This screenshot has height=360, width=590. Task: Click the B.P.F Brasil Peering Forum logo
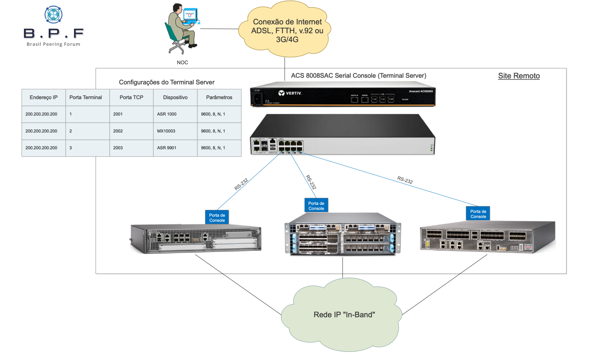click(53, 26)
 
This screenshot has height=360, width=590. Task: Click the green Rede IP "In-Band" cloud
click(344, 315)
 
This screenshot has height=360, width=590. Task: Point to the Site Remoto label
click(519, 76)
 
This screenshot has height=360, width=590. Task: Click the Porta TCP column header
click(131, 97)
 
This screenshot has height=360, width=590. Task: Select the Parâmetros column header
click(219, 97)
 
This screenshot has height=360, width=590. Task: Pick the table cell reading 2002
click(118, 131)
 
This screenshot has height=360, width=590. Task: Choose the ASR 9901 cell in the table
click(167, 148)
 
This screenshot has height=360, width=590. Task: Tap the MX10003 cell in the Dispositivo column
click(166, 131)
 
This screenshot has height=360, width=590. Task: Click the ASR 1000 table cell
click(167, 114)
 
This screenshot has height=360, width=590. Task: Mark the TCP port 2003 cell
click(118, 148)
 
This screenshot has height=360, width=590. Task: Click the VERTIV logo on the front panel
click(290, 93)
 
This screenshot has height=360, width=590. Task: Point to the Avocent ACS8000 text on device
click(421, 91)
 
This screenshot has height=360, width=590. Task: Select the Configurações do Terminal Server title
click(167, 82)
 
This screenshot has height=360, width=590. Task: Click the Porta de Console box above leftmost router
click(217, 218)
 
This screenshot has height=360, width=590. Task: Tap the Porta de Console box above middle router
click(316, 206)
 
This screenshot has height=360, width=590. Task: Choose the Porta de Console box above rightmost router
click(478, 214)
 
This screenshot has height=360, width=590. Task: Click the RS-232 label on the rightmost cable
click(405, 180)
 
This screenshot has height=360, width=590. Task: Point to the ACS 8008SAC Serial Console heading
click(359, 76)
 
